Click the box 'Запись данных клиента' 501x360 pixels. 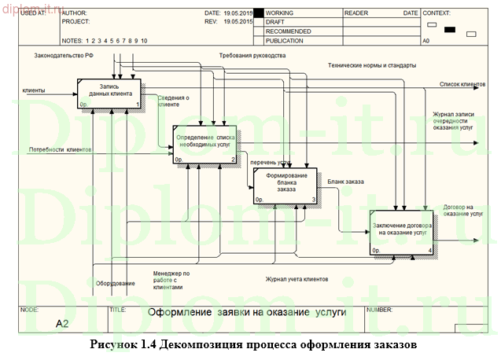point(109,94)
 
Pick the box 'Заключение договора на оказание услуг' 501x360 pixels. point(401,233)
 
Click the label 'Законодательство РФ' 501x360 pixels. point(64,57)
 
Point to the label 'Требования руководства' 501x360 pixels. point(252,57)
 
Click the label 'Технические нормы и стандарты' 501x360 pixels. point(367,65)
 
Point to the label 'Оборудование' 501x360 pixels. point(115,283)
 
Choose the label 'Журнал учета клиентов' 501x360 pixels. point(296,278)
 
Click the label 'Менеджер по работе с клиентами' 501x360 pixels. point(171,280)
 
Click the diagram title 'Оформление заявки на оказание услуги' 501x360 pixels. point(248,312)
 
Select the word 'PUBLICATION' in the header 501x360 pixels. point(286,39)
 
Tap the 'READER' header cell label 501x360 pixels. point(355,13)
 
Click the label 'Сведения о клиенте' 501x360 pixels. point(173,101)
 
